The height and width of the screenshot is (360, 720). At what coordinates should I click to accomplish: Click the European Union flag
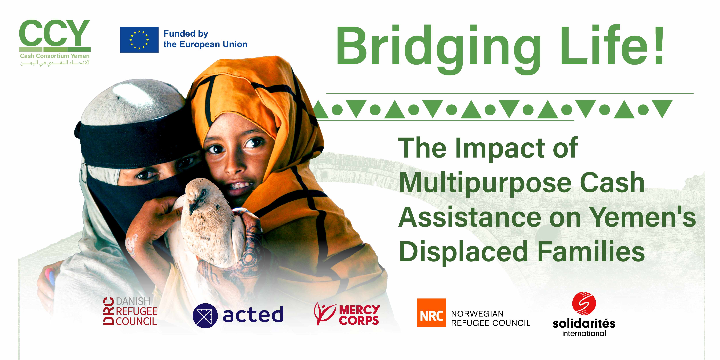(x=139, y=40)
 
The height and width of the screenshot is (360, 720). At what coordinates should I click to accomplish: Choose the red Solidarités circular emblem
(x=584, y=303)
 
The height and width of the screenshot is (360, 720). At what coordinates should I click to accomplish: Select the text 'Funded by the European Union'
(x=205, y=39)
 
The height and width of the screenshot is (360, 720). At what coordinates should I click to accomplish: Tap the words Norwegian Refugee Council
(x=490, y=318)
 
